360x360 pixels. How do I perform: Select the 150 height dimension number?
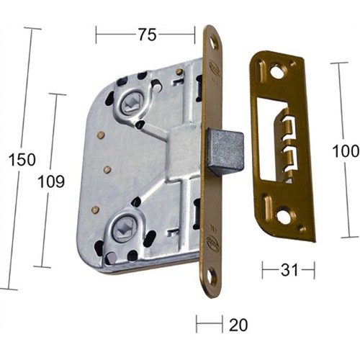[22, 159]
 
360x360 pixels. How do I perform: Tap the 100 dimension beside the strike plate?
[345, 152]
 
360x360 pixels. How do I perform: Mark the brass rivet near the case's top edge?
[179, 71]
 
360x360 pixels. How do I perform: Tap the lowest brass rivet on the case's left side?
[95, 210]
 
